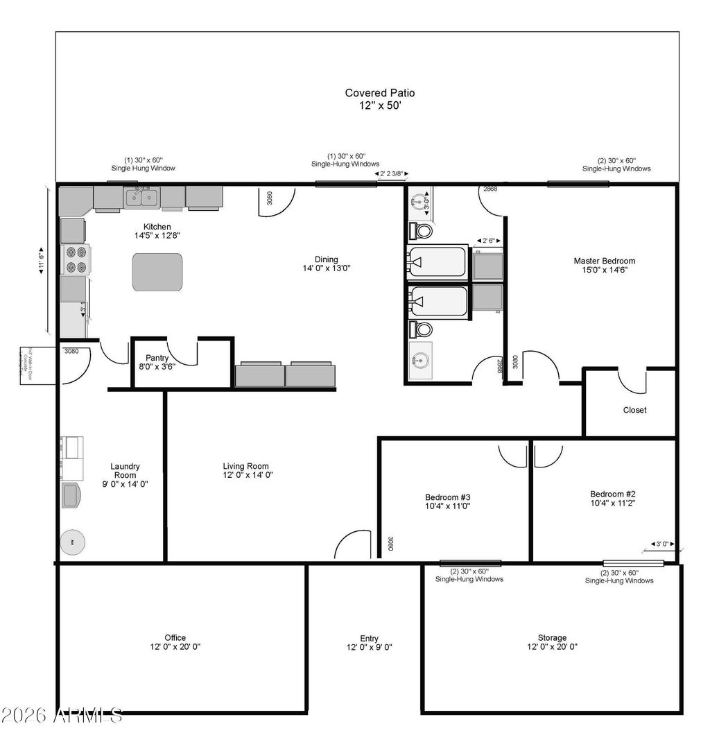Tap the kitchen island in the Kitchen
point(157,271)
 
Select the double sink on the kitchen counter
point(142,198)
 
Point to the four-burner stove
point(75,259)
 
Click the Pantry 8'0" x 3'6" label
point(157,362)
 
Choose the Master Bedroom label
point(604,266)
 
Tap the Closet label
point(634,410)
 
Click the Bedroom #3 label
point(448,501)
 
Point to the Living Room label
point(245,471)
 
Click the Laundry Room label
point(125,475)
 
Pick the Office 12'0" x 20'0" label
point(175,642)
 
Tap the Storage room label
point(552,642)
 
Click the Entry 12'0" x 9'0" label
point(370,643)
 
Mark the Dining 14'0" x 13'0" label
point(326,264)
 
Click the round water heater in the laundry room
point(73,542)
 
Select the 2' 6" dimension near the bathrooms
point(489,241)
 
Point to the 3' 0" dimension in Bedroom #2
point(662,545)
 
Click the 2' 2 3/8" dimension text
point(392,174)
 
